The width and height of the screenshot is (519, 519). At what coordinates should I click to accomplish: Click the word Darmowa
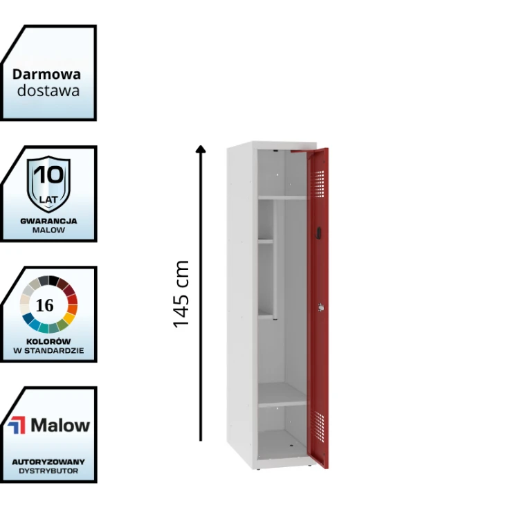pos(46,74)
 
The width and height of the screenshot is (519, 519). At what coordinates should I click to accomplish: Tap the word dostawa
pos(48,91)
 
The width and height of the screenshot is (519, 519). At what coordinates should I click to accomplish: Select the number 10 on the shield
pos(48,174)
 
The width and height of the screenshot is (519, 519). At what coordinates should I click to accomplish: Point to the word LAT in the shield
pos(48,199)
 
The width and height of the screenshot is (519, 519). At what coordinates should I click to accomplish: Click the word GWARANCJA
pos(48,221)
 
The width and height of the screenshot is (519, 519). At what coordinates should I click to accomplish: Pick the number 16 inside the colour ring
pos(44,305)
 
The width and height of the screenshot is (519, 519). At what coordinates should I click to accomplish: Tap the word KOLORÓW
pos(48,341)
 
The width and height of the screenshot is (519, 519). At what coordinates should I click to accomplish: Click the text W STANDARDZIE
pos(48,351)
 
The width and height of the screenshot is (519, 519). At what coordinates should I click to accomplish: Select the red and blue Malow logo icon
pos(16,425)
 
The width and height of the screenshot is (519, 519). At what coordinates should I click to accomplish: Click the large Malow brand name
pos(60,425)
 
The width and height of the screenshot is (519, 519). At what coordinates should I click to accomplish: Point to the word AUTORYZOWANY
pos(48,461)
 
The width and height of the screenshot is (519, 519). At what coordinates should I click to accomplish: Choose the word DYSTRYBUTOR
pos(48,471)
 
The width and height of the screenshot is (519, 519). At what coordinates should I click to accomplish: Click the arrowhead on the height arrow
pos(201,148)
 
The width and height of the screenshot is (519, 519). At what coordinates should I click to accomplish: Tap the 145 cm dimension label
pos(181,294)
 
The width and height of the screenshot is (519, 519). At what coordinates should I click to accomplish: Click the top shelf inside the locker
pos(282,198)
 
